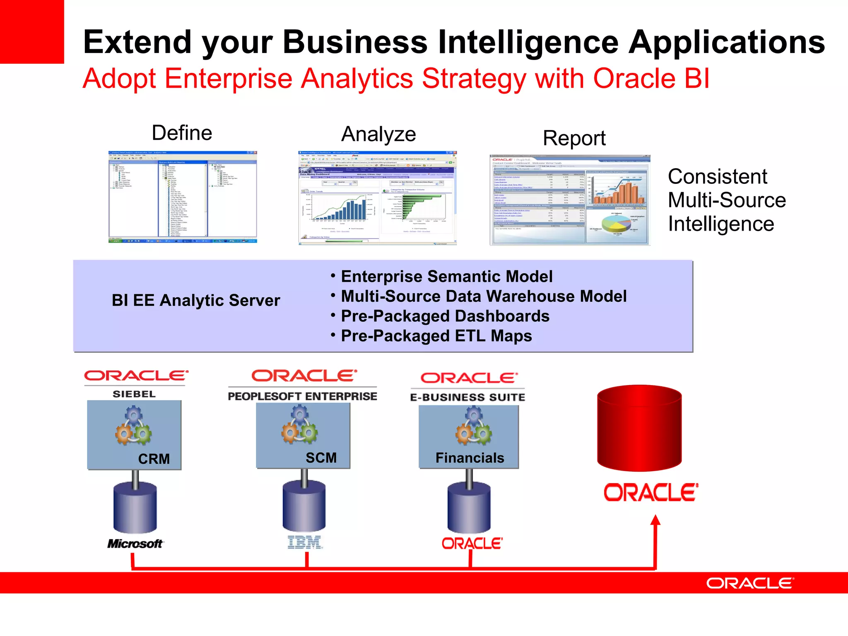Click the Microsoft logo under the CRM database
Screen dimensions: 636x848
coord(135,544)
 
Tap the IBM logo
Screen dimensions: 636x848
coord(305,542)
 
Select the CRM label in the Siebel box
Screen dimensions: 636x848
coord(154,459)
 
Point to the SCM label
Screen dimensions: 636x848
coord(321,458)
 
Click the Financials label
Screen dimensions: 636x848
coord(470,458)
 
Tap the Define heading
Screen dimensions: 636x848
coord(182,133)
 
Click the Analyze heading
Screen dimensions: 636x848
coord(378,134)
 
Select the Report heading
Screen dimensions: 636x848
coord(574,138)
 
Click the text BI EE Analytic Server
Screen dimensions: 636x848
coord(196,300)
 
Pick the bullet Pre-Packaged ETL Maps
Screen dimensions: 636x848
coord(436,336)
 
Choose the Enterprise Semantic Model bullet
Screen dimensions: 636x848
coord(446,276)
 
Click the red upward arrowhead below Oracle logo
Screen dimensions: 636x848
coord(655,520)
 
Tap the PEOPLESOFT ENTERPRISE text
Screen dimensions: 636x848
coord(302,396)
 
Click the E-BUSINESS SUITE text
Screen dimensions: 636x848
coord(467,397)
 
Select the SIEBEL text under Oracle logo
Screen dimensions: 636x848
coord(134,394)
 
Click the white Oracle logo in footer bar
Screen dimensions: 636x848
coord(750,583)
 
